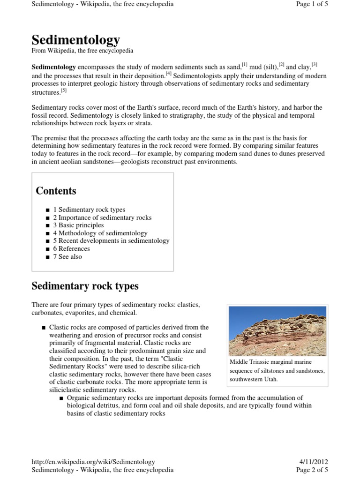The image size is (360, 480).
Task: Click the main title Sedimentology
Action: (x=75, y=40)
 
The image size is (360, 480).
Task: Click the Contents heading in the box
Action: (x=56, y=191)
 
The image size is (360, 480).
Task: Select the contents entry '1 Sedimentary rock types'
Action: (x=89, y=210)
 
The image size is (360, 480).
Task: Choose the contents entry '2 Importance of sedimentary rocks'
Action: (x=102, y=217)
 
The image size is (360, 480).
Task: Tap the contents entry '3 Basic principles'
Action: (x=78, y=225)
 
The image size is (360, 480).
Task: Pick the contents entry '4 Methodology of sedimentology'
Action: (x=100, y=233)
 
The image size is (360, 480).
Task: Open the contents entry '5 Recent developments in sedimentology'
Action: (x=111, y=240)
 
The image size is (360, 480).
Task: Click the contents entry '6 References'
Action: (x=71, y=248)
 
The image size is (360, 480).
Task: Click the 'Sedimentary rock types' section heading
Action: (x=85, y=285)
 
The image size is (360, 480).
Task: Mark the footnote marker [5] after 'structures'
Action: (x=64, y=90)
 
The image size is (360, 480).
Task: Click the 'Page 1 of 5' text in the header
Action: (x=312, y=4)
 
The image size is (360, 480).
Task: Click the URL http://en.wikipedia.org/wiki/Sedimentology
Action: (x=93, y=462)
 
